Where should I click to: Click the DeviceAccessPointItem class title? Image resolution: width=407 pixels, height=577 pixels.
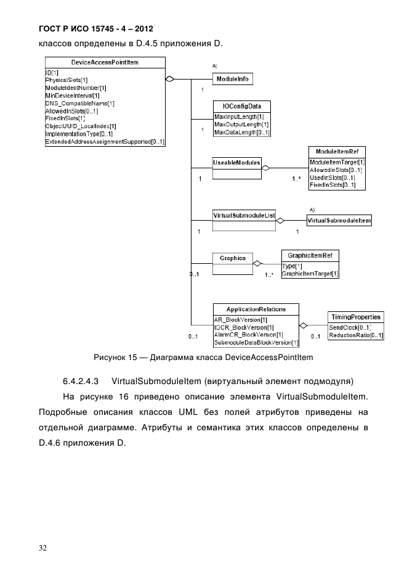click(105, 62)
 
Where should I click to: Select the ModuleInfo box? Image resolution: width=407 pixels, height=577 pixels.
click(232, 80)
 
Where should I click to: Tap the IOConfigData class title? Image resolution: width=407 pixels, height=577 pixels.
click(241, 107)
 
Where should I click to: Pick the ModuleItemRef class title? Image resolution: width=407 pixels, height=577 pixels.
click(337, 152)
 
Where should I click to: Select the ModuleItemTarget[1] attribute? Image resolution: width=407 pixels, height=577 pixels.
click(337, 161)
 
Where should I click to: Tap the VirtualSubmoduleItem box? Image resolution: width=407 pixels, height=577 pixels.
click(339, 219)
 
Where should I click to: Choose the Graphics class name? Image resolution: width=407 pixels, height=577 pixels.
click(233, 258)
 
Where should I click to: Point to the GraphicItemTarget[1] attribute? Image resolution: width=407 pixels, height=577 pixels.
click(310, 273)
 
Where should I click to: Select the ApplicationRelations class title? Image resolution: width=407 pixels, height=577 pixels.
click(256, 309)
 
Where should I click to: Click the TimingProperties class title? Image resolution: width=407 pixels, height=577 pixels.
click(356, 316)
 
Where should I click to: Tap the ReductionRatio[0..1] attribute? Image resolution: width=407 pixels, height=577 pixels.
click(356, 335)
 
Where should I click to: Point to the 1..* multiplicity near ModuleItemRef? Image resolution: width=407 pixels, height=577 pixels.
click(296, 179)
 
